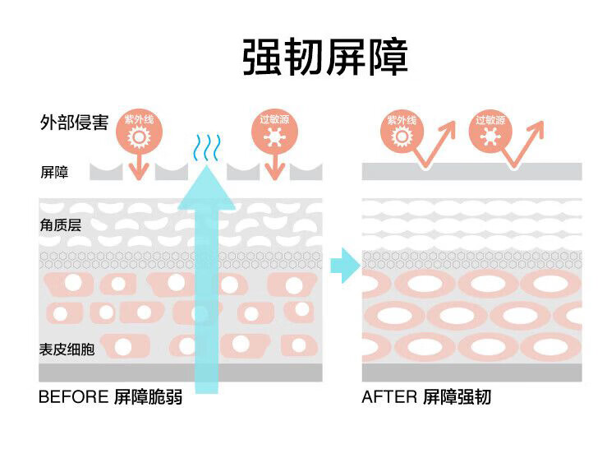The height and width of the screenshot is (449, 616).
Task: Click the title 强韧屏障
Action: (x=325, y=56)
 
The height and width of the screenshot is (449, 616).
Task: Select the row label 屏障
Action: (x=54, y=173)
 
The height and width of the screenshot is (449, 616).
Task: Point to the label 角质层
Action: (x=60, y=224)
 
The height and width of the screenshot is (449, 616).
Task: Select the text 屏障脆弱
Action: (x=148, y=397)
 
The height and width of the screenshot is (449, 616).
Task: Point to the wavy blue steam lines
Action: (x=205, y=148)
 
